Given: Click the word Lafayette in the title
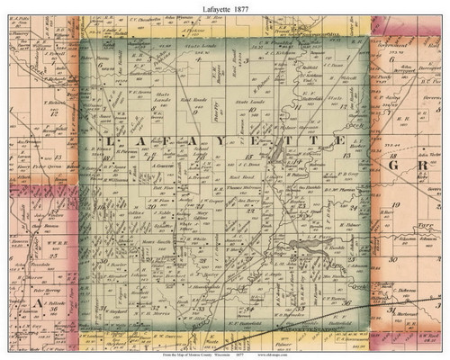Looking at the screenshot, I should [208, 8].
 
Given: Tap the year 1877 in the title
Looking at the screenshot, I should [246, 8].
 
